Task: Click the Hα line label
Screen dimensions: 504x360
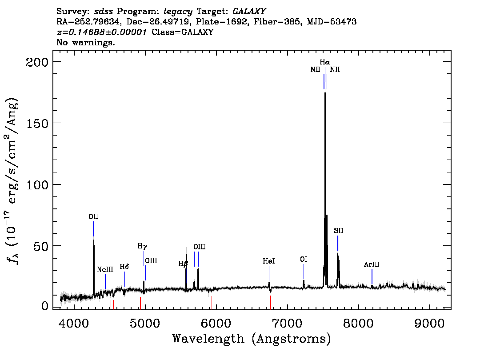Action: (324, 62)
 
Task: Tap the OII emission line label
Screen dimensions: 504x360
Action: (93, 216)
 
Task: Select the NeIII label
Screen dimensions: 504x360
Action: (105, 269)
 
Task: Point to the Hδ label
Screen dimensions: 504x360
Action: (124, 267)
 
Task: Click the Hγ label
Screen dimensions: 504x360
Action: (142, 246)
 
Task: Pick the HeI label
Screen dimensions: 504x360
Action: (269, 261)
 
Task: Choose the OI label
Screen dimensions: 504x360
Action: (304, 259)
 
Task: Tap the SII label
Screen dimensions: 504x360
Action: (339, 231)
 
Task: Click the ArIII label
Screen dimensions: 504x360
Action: (372, 264)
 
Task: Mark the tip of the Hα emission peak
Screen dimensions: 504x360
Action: (325, 92)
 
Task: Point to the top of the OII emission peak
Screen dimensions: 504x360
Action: (93, 240)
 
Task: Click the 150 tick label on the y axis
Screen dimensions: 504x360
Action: (37, 124)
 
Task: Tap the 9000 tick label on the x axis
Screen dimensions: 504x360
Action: (429, 323)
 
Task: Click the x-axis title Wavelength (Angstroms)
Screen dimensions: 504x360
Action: (252, 339)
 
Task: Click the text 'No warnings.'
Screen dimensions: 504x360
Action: (86, 42)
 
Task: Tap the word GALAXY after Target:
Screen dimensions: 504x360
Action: (249, 12)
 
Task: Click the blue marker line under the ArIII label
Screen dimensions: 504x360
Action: (372, 277)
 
